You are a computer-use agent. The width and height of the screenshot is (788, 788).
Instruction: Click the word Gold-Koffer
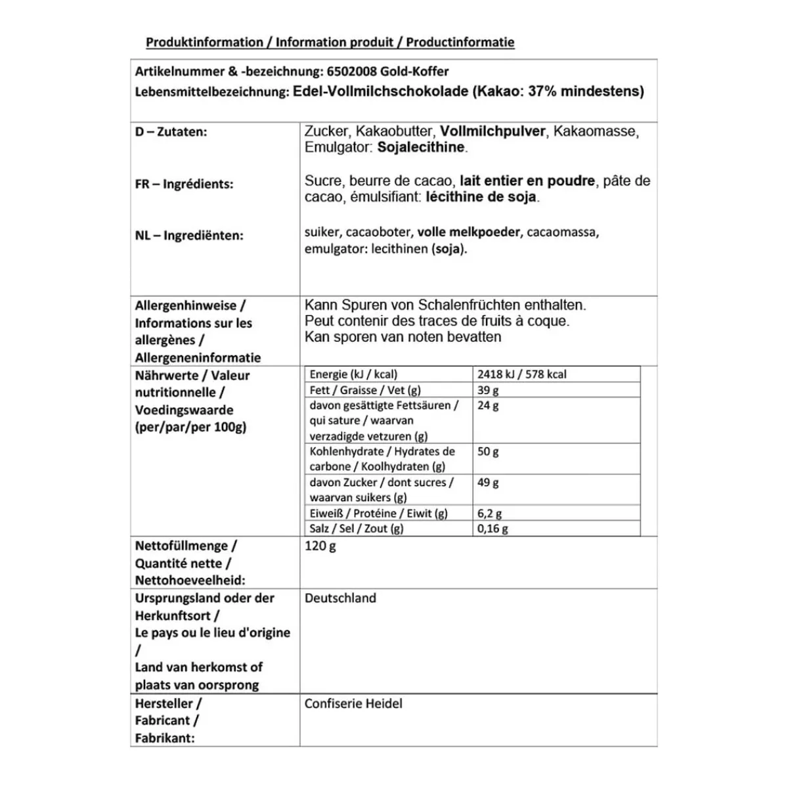point(415,72)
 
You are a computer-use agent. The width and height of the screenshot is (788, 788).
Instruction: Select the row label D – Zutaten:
point(171,131)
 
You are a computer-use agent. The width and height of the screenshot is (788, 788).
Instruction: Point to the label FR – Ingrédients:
point(184,184)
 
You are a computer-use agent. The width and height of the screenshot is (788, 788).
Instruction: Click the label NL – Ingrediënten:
point(189,235)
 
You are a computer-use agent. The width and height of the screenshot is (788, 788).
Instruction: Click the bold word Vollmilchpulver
point(492,131)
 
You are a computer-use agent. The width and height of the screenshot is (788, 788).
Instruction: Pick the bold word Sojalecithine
point(421,148)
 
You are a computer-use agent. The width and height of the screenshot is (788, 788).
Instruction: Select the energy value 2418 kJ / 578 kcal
point(522,374)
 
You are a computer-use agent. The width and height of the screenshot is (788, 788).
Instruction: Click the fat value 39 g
point(488,390)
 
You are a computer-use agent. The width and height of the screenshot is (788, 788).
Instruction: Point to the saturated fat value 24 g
point(488,406)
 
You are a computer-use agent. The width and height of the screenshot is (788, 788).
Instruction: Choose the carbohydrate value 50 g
point(488,452)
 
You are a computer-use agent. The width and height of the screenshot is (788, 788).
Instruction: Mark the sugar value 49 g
point(488,483)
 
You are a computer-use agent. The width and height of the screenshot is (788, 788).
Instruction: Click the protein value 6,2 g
point(490,514)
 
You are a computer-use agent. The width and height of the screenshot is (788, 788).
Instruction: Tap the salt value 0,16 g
point(493,529)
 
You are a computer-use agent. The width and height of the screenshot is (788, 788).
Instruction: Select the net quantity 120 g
point(320,546)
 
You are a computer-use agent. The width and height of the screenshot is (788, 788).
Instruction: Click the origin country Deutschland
point(340,598)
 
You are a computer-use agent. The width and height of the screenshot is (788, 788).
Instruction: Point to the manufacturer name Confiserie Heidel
point(353,703)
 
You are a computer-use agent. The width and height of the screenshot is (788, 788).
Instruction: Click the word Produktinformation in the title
point(204,43)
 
